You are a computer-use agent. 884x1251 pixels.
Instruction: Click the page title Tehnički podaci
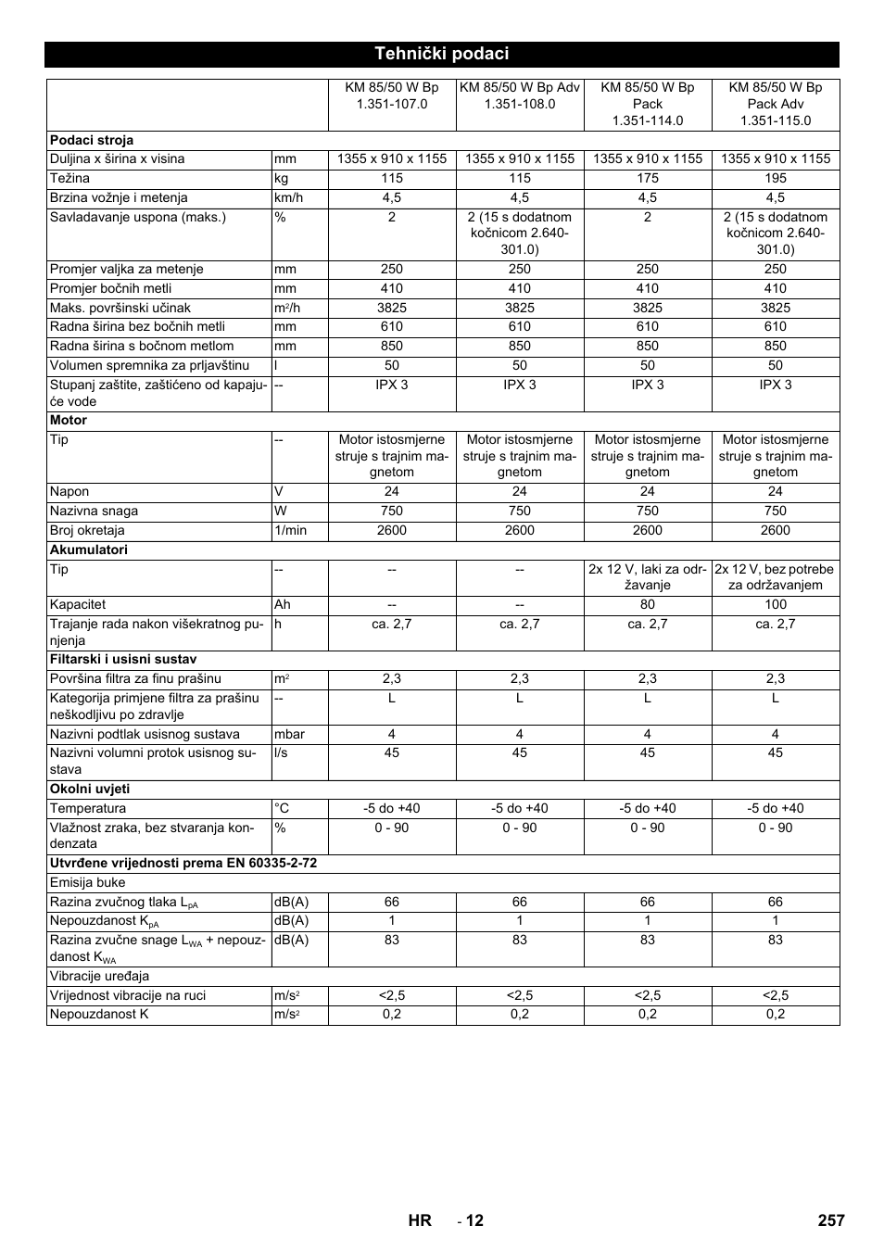tap(441, 54)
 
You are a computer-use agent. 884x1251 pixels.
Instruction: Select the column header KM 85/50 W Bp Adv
tap(519, 95)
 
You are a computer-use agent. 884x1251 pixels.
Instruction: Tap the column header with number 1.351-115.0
tap(775, 104)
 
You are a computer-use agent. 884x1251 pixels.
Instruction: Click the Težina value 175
tap(647, 178)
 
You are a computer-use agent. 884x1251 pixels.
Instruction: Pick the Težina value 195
tap(775, 178)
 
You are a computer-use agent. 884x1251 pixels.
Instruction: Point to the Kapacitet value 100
tap(775, 604)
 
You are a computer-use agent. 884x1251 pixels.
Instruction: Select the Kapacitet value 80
tap(647, 604)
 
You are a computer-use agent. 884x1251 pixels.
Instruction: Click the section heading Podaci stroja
tap(92, 140)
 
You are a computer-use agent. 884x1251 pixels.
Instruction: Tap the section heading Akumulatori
tap(89, 550)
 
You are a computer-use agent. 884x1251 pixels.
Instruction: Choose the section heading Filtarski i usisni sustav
tap(123, 659)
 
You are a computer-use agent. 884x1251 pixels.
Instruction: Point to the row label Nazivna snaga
tap(94, 511)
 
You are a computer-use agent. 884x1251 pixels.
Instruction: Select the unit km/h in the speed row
tap(288, 197)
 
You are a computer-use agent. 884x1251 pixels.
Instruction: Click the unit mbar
tap(289, 734)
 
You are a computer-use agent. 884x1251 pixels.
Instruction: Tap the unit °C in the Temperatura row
tap(282, 808)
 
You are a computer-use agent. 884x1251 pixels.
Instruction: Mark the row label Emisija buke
tap(87, 882)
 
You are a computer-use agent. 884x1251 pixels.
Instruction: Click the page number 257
tap(830, 1219)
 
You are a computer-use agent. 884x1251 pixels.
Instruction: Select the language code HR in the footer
tap(420, 1219)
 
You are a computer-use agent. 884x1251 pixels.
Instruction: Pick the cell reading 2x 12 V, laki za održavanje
tap(647, 577)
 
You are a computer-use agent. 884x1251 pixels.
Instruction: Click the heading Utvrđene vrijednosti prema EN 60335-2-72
tap(183, 863)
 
